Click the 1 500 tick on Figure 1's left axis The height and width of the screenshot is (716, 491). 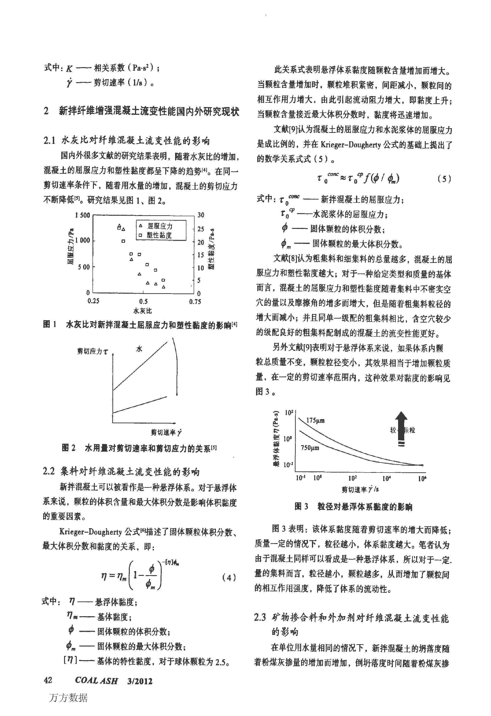83,215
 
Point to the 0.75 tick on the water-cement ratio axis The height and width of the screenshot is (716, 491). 195,301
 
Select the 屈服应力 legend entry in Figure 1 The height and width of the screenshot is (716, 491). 160,226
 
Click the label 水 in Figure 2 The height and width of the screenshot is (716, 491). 139,349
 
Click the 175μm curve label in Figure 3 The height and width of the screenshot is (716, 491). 315,420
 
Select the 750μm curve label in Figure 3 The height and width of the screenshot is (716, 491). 310,447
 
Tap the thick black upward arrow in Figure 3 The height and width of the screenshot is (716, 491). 401,425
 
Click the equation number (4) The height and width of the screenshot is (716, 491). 229,577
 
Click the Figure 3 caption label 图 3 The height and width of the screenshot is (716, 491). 301,507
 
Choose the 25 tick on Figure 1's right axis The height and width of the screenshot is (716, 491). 200,229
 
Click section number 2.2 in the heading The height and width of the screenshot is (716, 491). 49,471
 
